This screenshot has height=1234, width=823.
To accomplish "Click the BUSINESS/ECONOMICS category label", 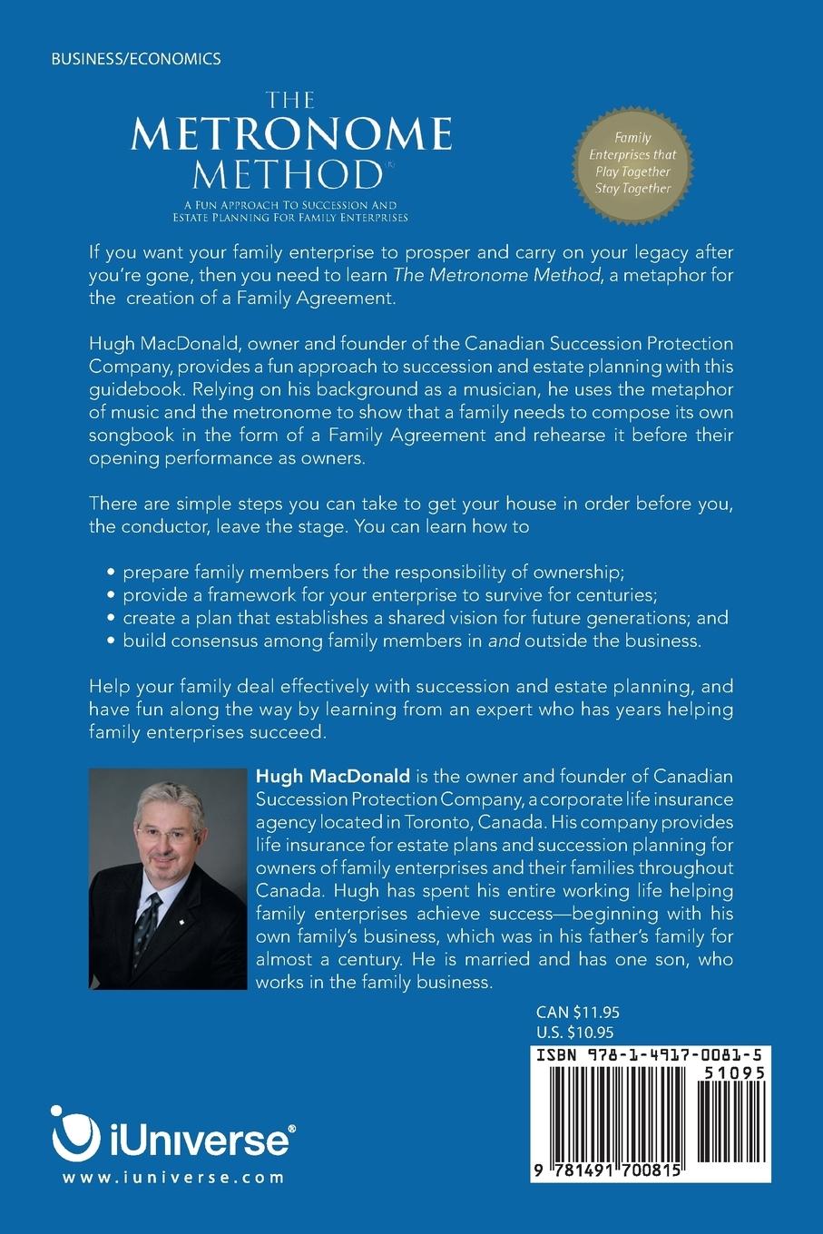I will tap(135, 59).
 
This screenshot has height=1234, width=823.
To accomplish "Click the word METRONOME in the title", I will tap(291, 135).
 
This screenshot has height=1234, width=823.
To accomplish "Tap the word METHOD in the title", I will tap(284, 173).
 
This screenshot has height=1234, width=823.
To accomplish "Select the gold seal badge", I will tap(632, 163).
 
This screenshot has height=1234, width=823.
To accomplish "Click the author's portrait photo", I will tap(168, 878).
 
